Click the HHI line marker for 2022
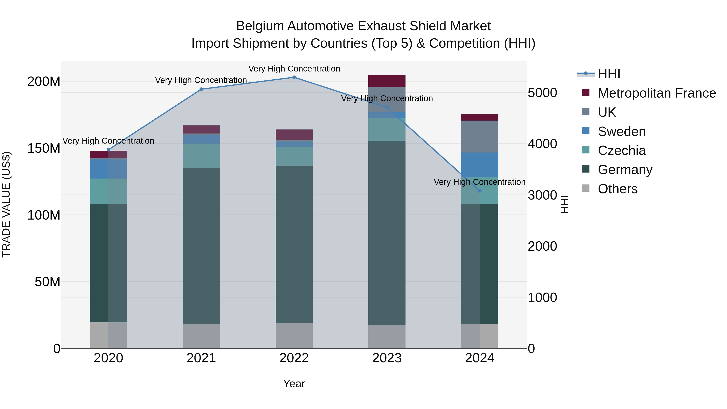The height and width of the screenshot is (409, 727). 294,77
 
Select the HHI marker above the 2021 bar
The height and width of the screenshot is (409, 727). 201,89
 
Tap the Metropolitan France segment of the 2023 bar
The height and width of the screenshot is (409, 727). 387,81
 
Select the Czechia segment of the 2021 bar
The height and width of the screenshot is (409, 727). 201,156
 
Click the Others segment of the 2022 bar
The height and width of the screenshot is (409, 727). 294,336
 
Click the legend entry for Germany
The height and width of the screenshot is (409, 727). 625,170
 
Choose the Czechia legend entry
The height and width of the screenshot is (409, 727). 621,150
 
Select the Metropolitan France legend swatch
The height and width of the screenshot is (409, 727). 586,93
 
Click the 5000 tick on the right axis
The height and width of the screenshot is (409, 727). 542,93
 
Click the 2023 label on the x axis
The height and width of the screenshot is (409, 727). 387,358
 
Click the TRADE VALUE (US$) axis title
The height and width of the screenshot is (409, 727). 6,204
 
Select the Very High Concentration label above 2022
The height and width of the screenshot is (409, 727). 294,69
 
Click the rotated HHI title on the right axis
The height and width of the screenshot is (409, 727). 564,204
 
